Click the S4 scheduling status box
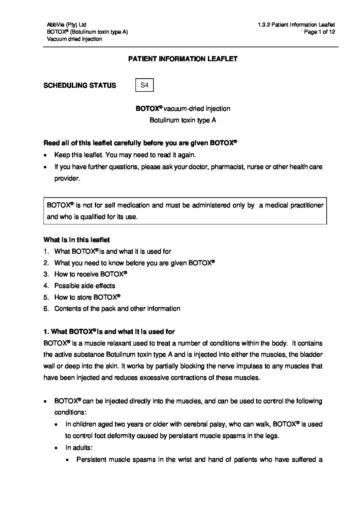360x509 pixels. click(145, 85)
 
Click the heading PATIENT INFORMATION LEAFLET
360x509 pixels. click(183, 59)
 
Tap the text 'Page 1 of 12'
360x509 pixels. click(320, 32)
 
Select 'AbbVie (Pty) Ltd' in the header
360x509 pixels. click(67, 24)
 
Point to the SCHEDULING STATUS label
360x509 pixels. click(80, 86)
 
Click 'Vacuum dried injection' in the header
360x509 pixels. click(74, 39)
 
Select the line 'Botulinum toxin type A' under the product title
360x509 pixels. click(183, 120)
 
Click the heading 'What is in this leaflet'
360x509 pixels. click(77, 240)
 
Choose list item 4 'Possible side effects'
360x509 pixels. click(85, 286)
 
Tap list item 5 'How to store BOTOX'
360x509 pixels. click(87, 297)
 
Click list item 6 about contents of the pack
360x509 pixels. click(117, 309)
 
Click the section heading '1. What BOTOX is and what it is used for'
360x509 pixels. click(109, 332)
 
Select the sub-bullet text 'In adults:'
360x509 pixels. click(79, 448)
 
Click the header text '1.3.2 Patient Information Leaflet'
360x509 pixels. click(296, 24)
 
